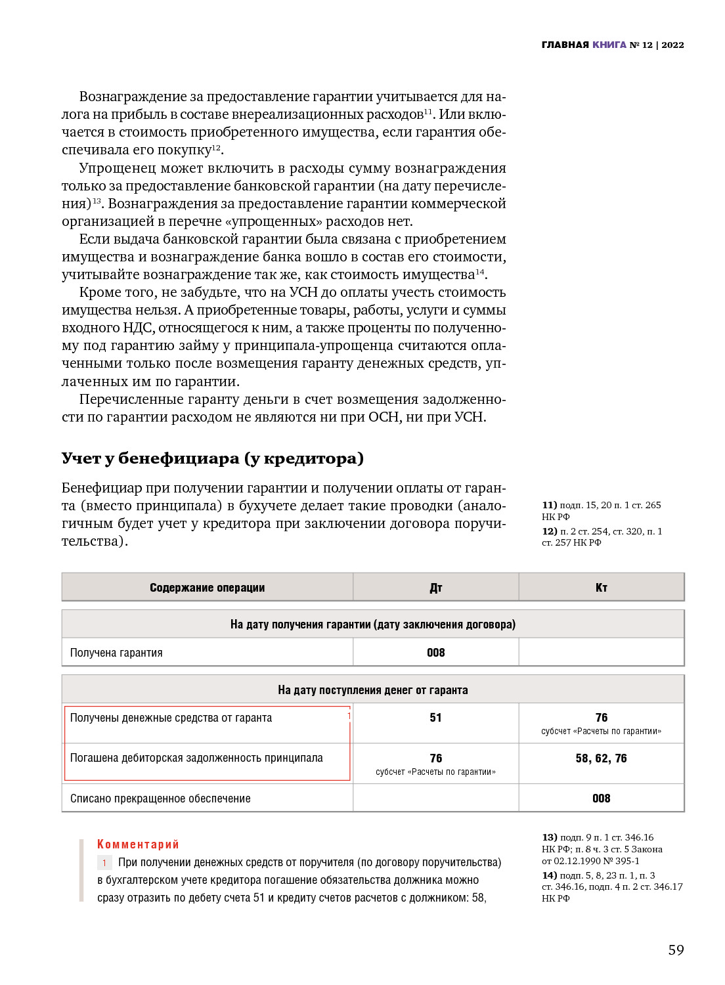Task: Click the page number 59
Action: click(676, 950)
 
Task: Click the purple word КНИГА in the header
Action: click(609, 45)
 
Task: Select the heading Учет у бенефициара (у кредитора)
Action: click(212, 458)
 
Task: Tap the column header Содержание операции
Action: click(207, 588)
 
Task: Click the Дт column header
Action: click(435, 588)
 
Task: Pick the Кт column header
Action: click(601, 588)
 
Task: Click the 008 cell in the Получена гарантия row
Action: click(435, 653)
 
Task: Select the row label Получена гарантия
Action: click(116, 653)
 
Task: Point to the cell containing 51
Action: click(435, 718)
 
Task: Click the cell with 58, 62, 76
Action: click(601, 758)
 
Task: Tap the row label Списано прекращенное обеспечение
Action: click(160, 799)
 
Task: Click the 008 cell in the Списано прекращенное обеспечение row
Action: click(601, 799)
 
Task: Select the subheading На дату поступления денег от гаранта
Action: click(372, 690)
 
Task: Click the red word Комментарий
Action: click(138, 844)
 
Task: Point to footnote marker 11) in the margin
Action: click(549, 505)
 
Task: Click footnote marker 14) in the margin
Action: click(549, 875)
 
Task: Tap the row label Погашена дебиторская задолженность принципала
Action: click(196, 758)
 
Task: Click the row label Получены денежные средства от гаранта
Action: click(171, 718)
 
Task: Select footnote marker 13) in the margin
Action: click(549, 837)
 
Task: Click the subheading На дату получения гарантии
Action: click(372, 624)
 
